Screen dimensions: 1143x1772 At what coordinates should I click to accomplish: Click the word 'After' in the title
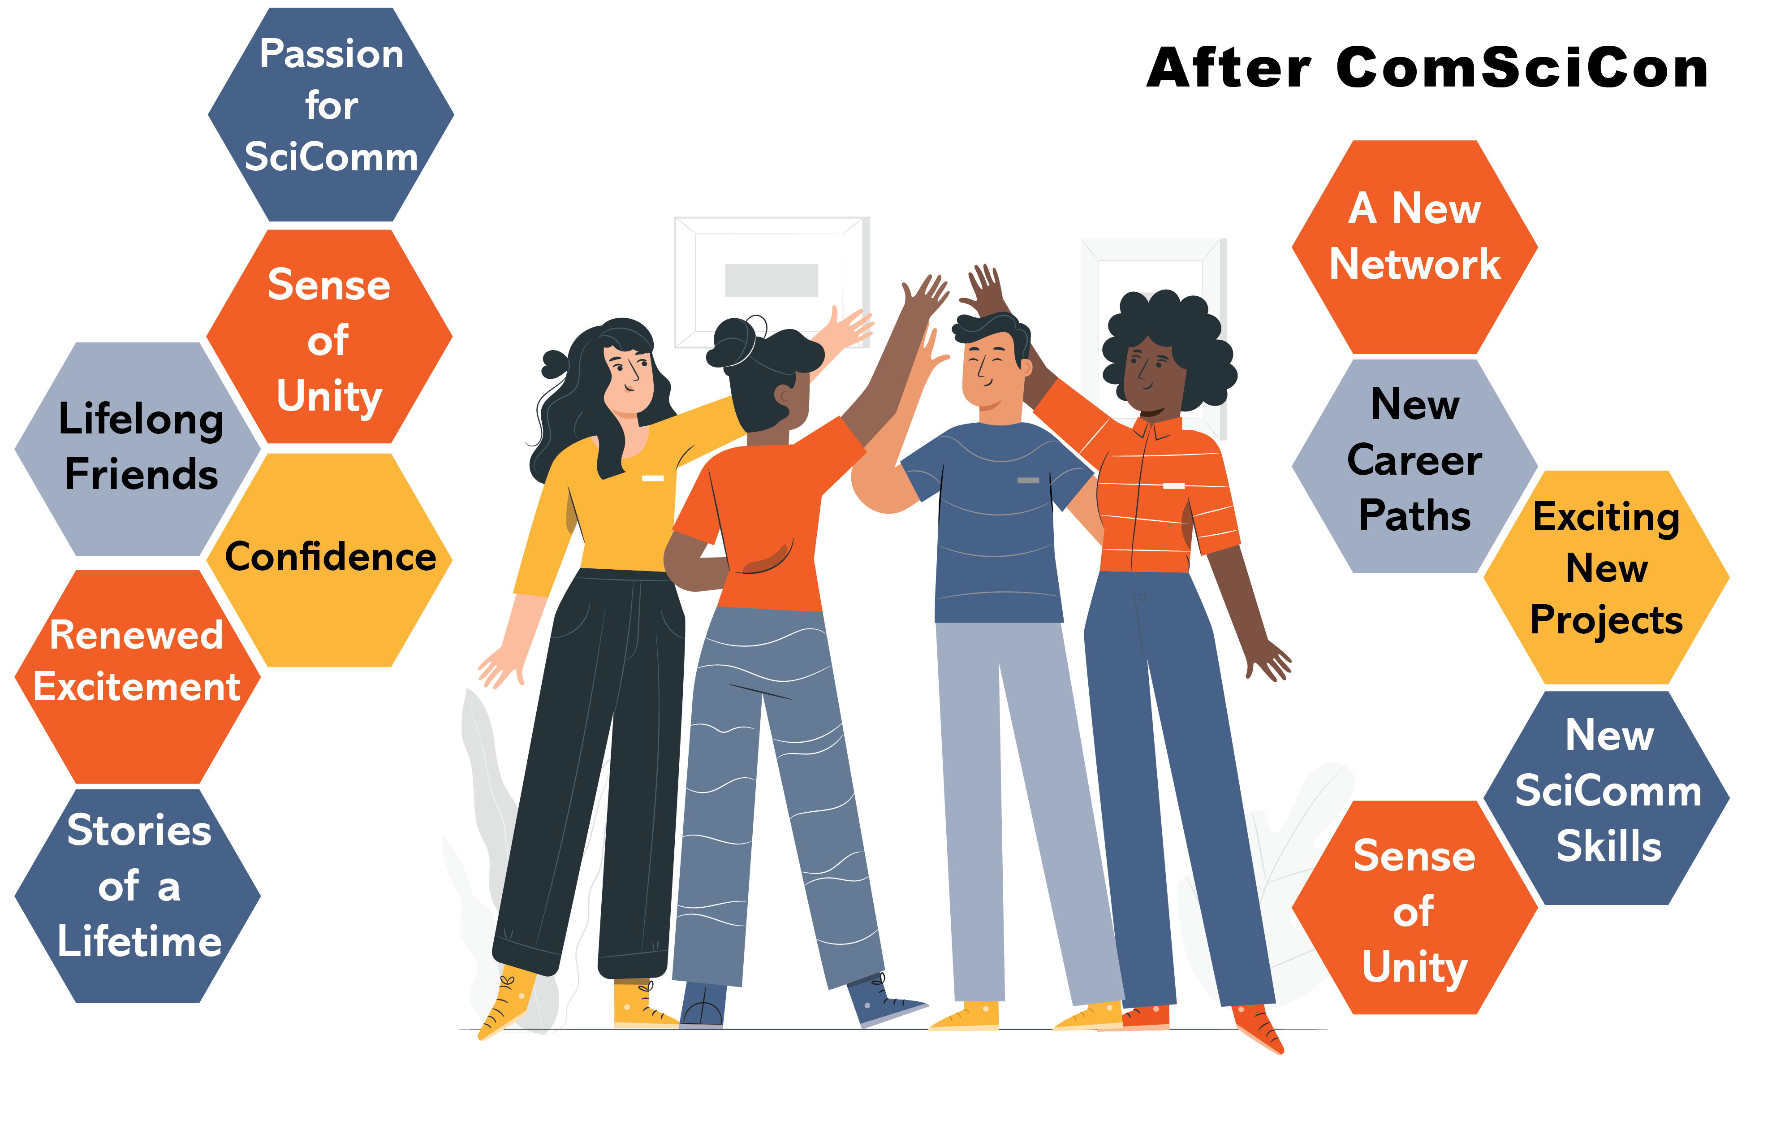pos(1229,68)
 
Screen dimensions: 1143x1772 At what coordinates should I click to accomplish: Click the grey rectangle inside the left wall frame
pos(772,280)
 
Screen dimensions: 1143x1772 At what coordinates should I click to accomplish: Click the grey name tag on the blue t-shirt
pos(1028,480)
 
